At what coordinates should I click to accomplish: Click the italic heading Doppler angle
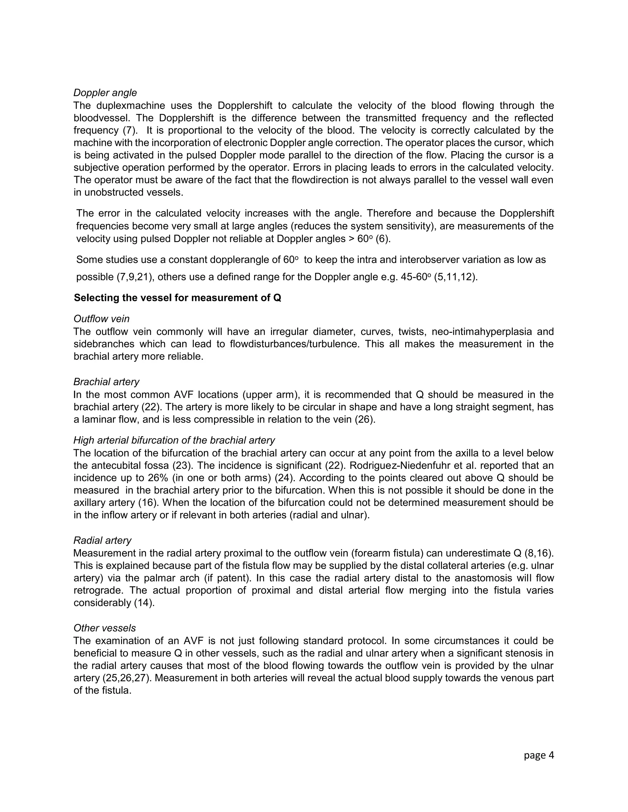105,93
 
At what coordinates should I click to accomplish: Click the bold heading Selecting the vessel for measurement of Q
178,298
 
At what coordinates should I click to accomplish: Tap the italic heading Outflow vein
101,319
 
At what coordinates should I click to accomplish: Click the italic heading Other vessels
105,628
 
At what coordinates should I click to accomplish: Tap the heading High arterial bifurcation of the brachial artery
174,440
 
